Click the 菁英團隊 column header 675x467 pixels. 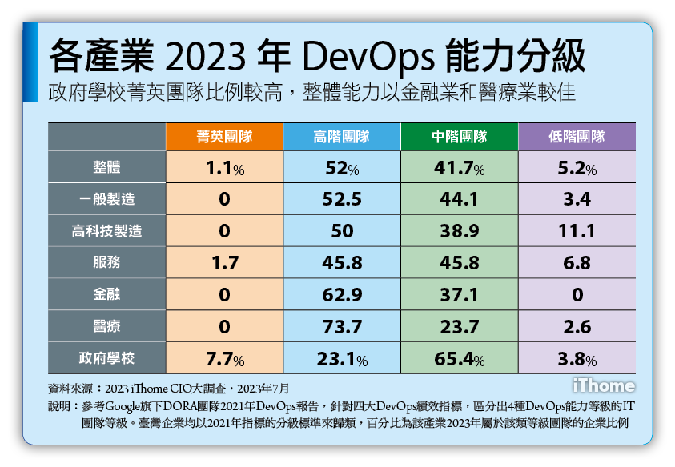pos(224,137)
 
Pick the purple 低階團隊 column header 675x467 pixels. pos(577,137)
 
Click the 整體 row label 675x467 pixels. pos(106,168)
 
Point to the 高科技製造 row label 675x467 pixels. pos(106,231)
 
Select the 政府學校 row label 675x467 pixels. pos(106,357)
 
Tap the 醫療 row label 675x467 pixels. pos(106,326)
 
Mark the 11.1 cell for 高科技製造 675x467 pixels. pos(577,231)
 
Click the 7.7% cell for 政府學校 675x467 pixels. pos(224,357)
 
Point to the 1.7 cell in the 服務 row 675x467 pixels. pos(224,263)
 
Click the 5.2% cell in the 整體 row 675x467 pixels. pos(577,168)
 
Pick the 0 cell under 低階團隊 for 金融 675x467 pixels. pos(577,294)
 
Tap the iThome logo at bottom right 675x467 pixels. pos(604,386)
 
